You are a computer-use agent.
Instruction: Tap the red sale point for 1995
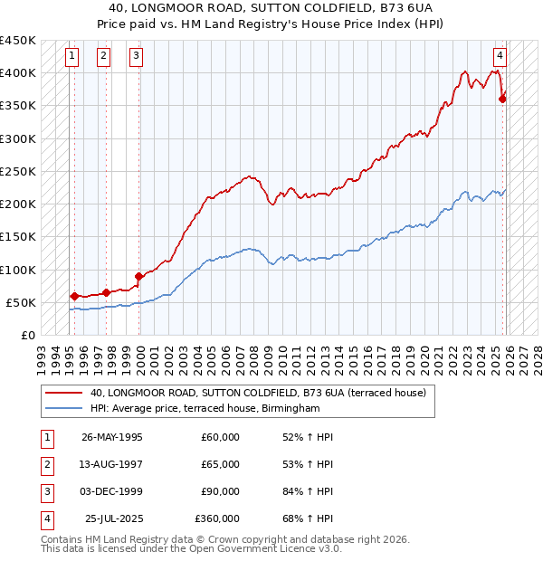click(x=74, y=295)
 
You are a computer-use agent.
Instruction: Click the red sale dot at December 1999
click(x=138, y=276)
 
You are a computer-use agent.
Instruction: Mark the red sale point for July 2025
click(x=502, y=100)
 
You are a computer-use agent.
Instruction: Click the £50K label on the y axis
click(x=22, y=302)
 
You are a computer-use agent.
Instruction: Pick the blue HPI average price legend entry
click(x=205, y=409)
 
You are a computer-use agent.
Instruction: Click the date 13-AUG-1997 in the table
click(x=111, y=464)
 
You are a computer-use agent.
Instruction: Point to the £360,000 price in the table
click(x=217, y=518)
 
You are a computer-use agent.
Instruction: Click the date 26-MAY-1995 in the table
click(x=111, y=437)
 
